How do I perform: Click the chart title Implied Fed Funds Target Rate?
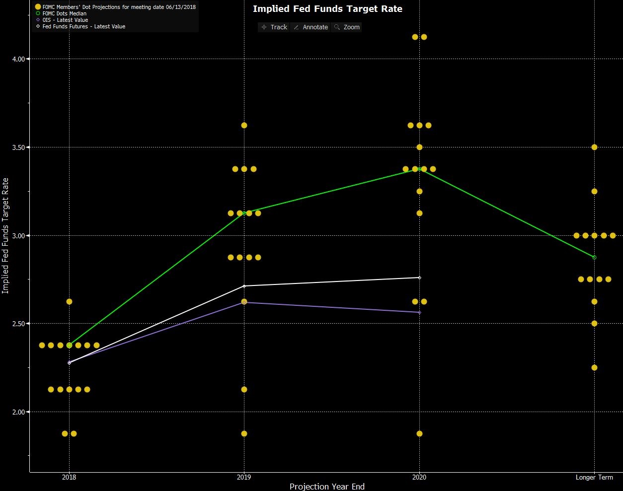coord(327,9)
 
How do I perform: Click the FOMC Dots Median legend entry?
coord(64,13)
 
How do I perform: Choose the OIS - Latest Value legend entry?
coord(65,20)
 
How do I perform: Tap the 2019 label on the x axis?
coord(244,478)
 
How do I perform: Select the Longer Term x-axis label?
coord(594,478)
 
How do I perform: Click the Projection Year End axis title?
coord(327,487)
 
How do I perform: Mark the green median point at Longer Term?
coord(594,257)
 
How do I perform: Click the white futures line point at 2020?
coord(419,278)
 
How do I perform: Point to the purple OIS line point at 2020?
coord(419,312)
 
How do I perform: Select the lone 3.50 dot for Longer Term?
coord(594,147)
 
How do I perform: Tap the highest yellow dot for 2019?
coord(244,125)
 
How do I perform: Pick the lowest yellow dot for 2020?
coord(419,433)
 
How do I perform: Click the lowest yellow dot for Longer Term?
coord(594,367)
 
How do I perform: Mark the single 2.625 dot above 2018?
coord(69,301)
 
